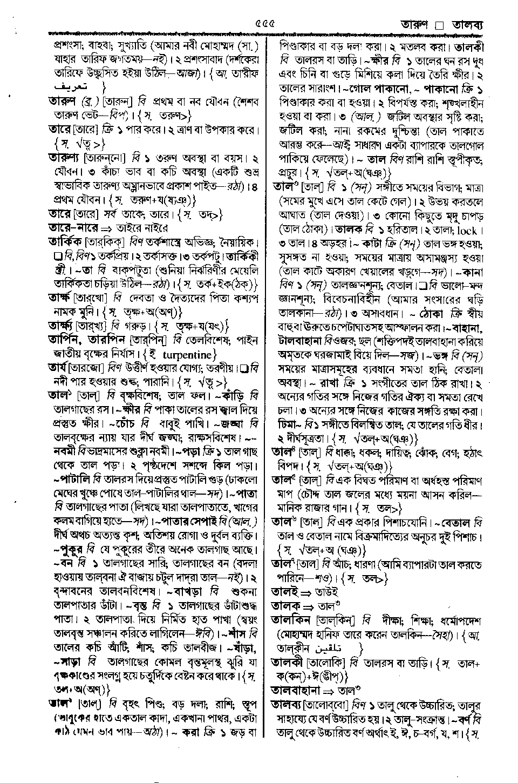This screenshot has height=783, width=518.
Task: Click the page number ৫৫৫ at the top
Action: coord(263,23)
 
